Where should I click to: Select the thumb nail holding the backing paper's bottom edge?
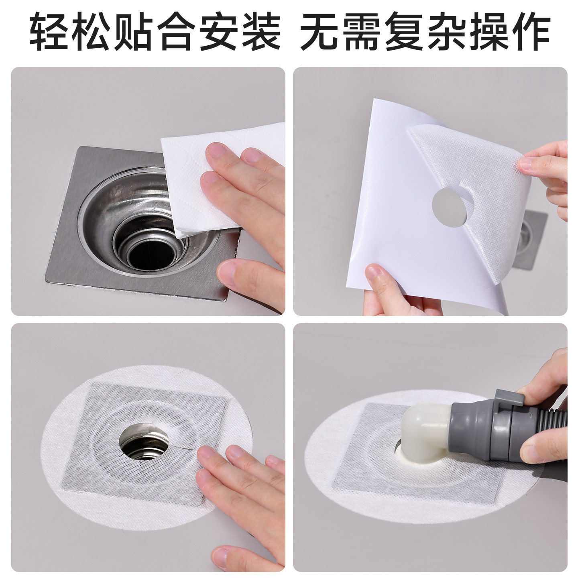pyautogui.click(x=374, y=273)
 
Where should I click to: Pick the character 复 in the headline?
pyautogui.click(x=404, y=32)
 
